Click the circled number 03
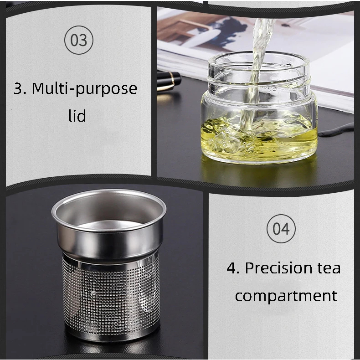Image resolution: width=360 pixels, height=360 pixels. click(79, 40)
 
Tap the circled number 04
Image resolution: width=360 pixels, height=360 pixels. click(281, 229)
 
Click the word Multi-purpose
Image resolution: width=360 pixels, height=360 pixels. click(84, 89)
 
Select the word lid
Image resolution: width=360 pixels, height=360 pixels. click(77, 115)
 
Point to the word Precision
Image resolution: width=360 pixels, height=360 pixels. click(279, 268)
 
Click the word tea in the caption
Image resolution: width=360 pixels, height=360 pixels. click(329, 268)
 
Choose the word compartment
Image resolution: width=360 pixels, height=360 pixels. click(286, 296)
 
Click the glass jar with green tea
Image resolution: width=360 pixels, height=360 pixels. click(259, 108)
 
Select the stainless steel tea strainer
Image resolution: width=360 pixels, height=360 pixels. click(109, 264)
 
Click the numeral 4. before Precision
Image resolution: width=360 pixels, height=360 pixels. click(233, 268)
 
